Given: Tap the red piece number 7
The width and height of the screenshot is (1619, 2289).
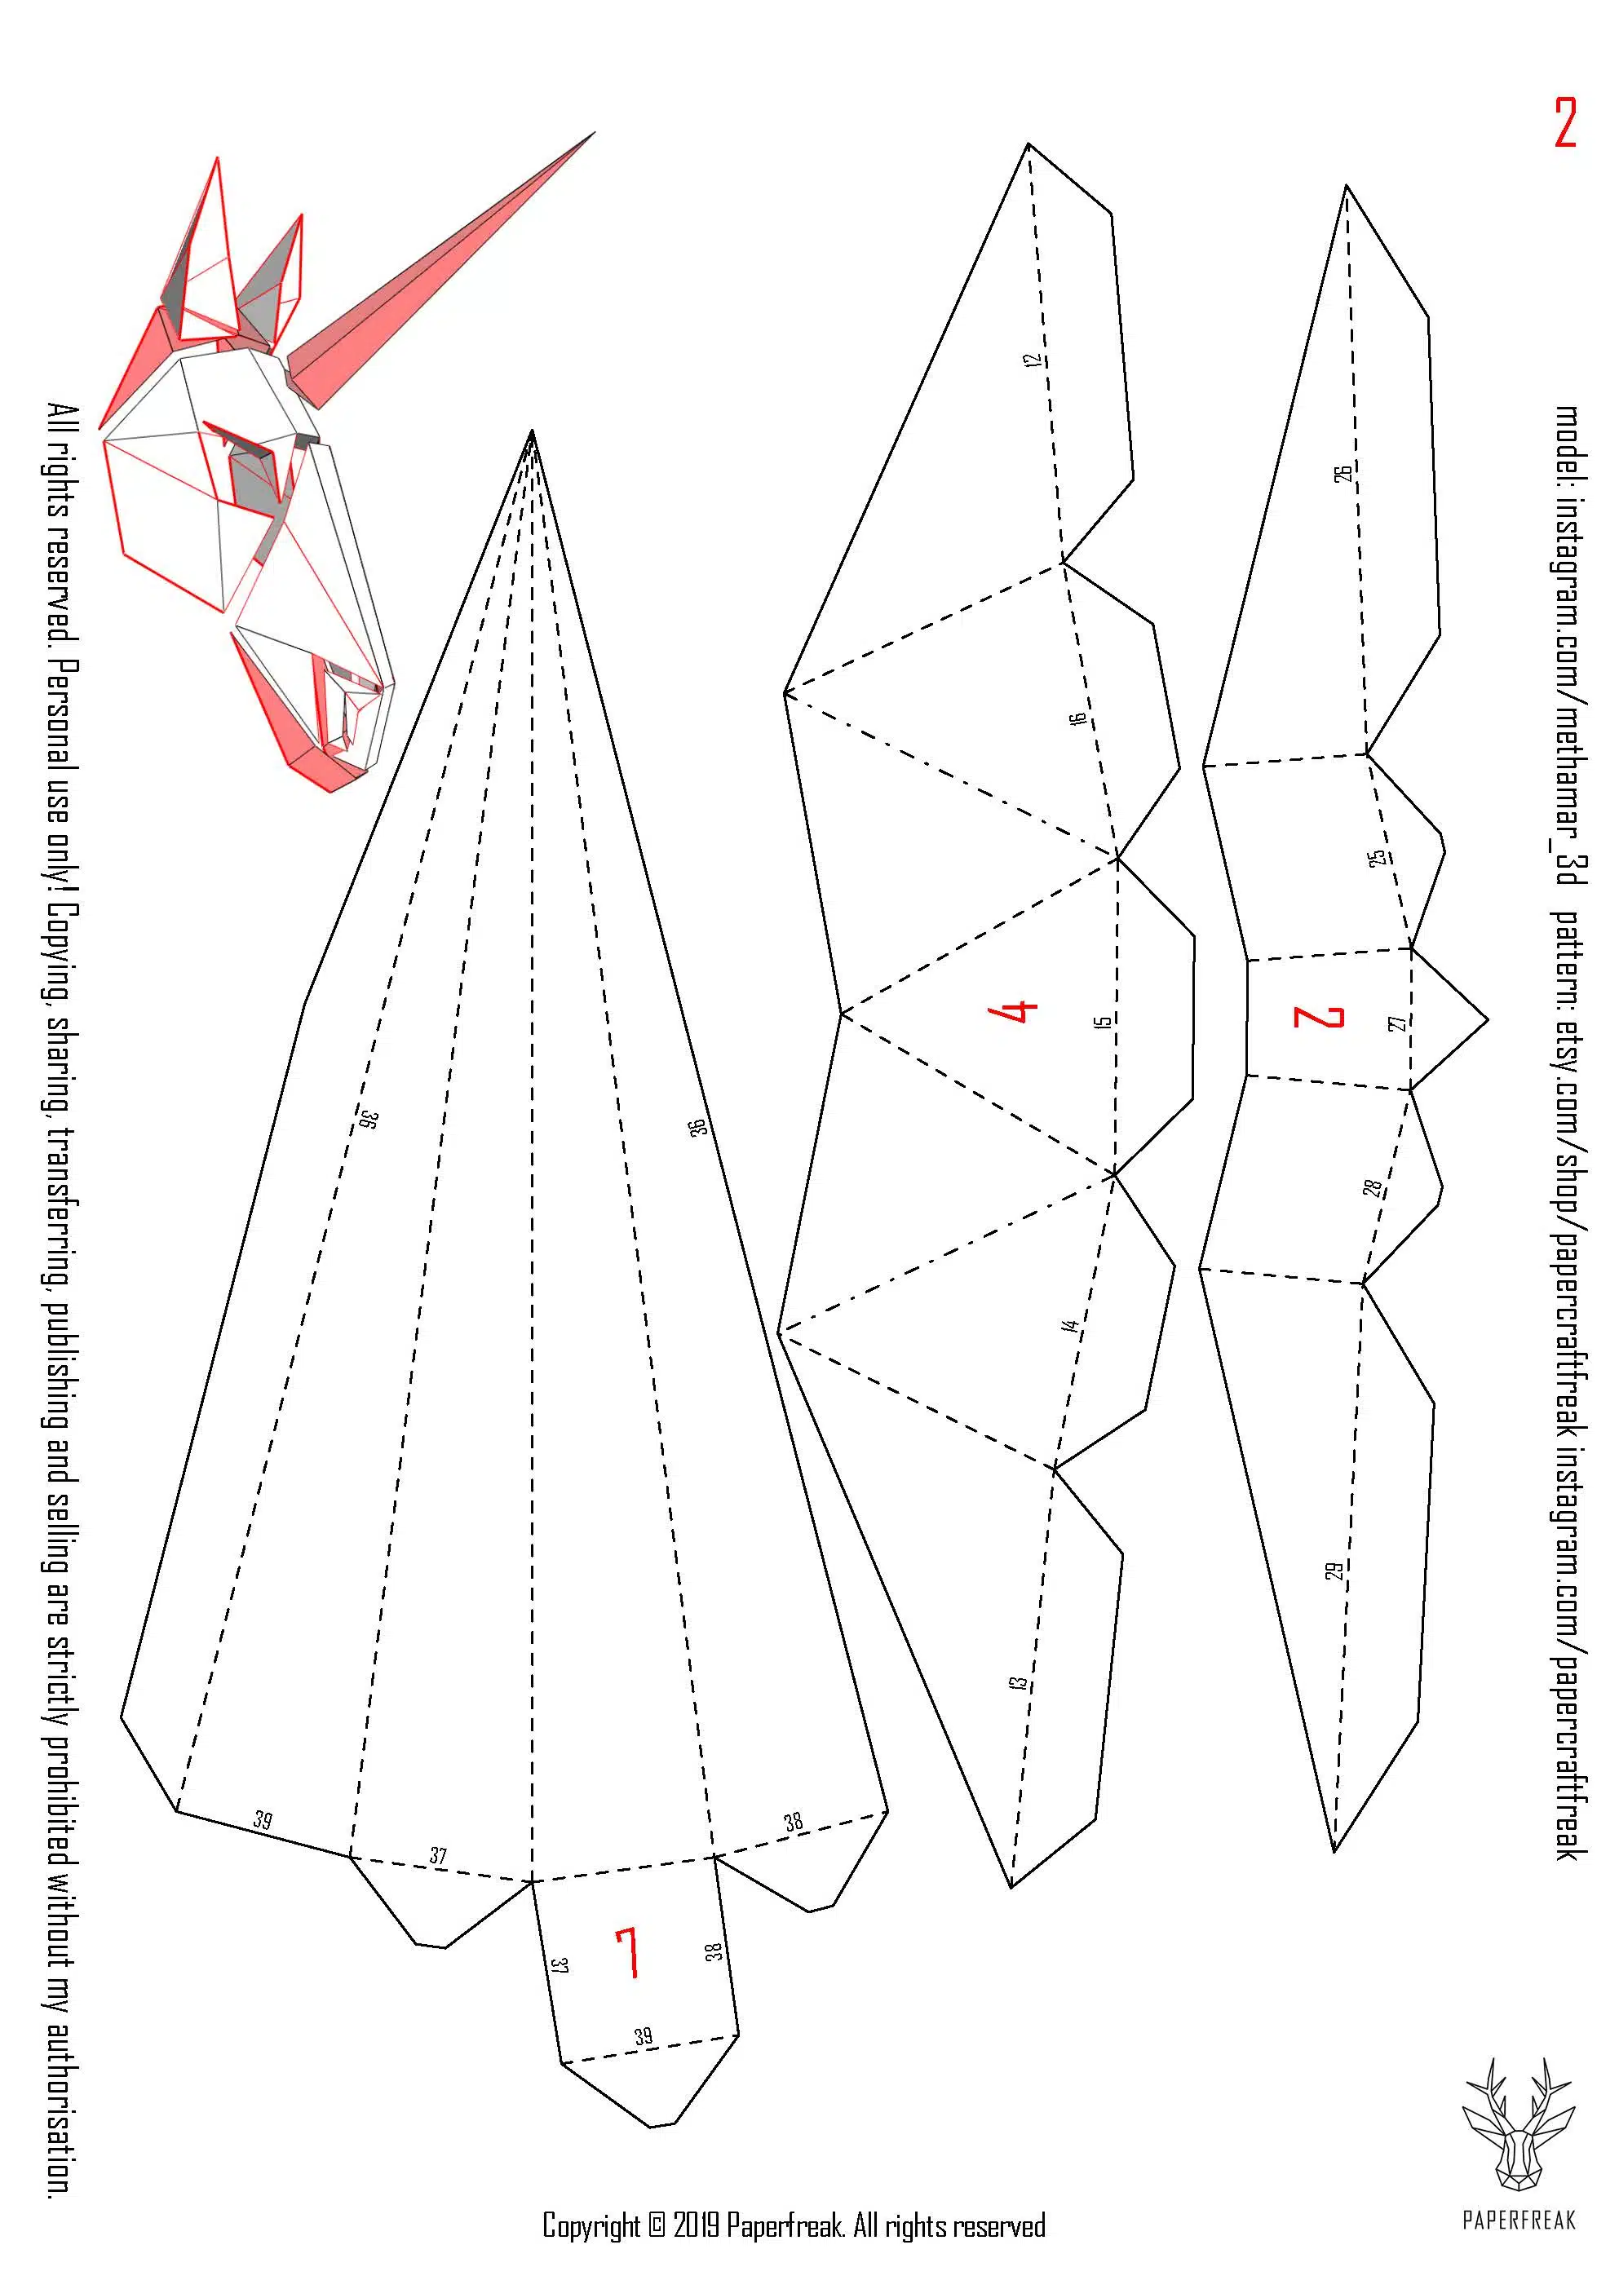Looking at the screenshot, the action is (627, 1952).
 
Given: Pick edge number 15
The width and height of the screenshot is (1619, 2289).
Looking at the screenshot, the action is (1102, 1022).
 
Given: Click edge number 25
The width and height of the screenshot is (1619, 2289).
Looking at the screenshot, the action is (1377, 857).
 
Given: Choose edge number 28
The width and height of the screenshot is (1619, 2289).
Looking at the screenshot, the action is (1373, 1187).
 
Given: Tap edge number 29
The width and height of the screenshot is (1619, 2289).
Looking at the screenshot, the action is (1334, 1571).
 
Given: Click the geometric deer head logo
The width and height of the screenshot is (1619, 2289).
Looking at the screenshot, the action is (1519, 2123).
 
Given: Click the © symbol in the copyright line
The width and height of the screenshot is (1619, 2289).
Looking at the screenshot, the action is (656, 2225).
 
